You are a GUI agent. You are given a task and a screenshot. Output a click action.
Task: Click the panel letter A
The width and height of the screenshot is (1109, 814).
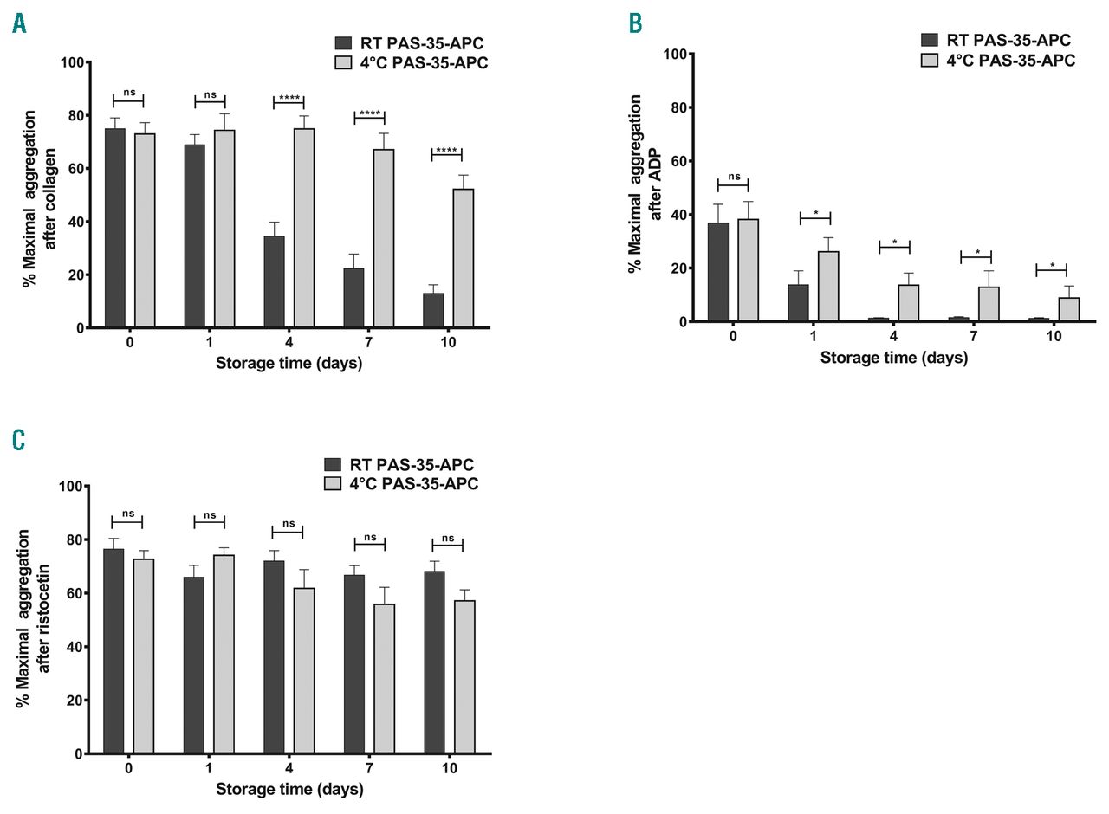click(x=19, y=23)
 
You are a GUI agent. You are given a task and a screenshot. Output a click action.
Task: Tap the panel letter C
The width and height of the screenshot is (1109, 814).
click(x=19, y=440)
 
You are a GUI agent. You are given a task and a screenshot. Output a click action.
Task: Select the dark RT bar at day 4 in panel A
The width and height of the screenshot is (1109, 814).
click(x=274, y=281)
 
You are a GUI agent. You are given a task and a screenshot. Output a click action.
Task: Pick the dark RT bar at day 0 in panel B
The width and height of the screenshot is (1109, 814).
click(x=718, y=272)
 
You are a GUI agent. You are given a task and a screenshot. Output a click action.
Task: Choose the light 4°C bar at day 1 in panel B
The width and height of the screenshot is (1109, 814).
click(x=828, y=286)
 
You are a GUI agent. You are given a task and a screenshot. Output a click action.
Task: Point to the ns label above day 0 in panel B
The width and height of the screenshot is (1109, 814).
click(x=734, y=177)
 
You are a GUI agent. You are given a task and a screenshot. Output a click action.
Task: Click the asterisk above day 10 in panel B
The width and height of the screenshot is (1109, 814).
click(x=1053, y=266)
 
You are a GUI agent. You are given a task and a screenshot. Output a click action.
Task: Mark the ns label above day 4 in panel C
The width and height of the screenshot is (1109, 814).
click(x=289, y=523)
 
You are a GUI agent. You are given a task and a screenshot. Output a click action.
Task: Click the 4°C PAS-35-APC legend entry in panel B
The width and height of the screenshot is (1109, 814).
click(x=1010, y=61)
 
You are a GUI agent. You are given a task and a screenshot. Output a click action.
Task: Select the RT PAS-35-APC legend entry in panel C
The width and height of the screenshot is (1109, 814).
click(x=412, y=465)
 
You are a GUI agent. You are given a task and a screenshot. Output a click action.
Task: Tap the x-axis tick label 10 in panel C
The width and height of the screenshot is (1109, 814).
click(x=449, y=769)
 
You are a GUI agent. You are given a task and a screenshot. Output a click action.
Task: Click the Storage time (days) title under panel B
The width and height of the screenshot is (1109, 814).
click(x=893, y=358)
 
